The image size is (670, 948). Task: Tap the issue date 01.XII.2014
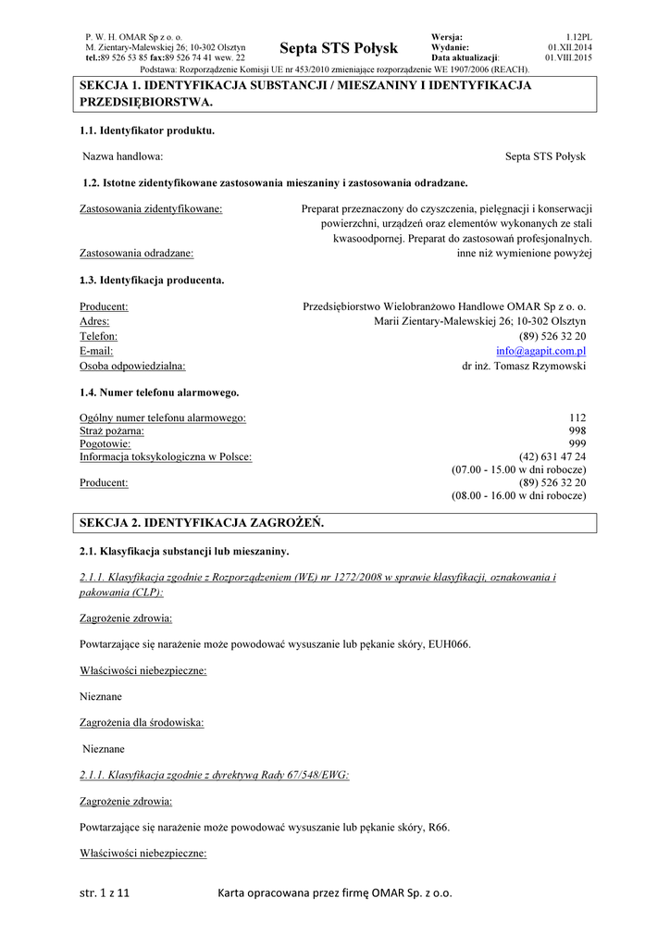570,47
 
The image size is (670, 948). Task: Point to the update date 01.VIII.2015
568,57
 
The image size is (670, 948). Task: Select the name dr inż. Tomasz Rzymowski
524,367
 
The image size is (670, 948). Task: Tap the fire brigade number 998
577,430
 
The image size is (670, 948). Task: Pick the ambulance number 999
577,443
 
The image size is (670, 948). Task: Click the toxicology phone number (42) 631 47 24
552,456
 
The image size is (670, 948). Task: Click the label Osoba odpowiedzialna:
132,367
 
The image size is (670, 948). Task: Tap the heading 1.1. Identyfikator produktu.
147,131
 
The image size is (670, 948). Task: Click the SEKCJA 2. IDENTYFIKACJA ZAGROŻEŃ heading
203,523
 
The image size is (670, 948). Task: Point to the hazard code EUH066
451,644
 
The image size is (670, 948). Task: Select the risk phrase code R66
437,827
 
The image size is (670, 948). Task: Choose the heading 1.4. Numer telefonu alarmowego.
159,393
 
